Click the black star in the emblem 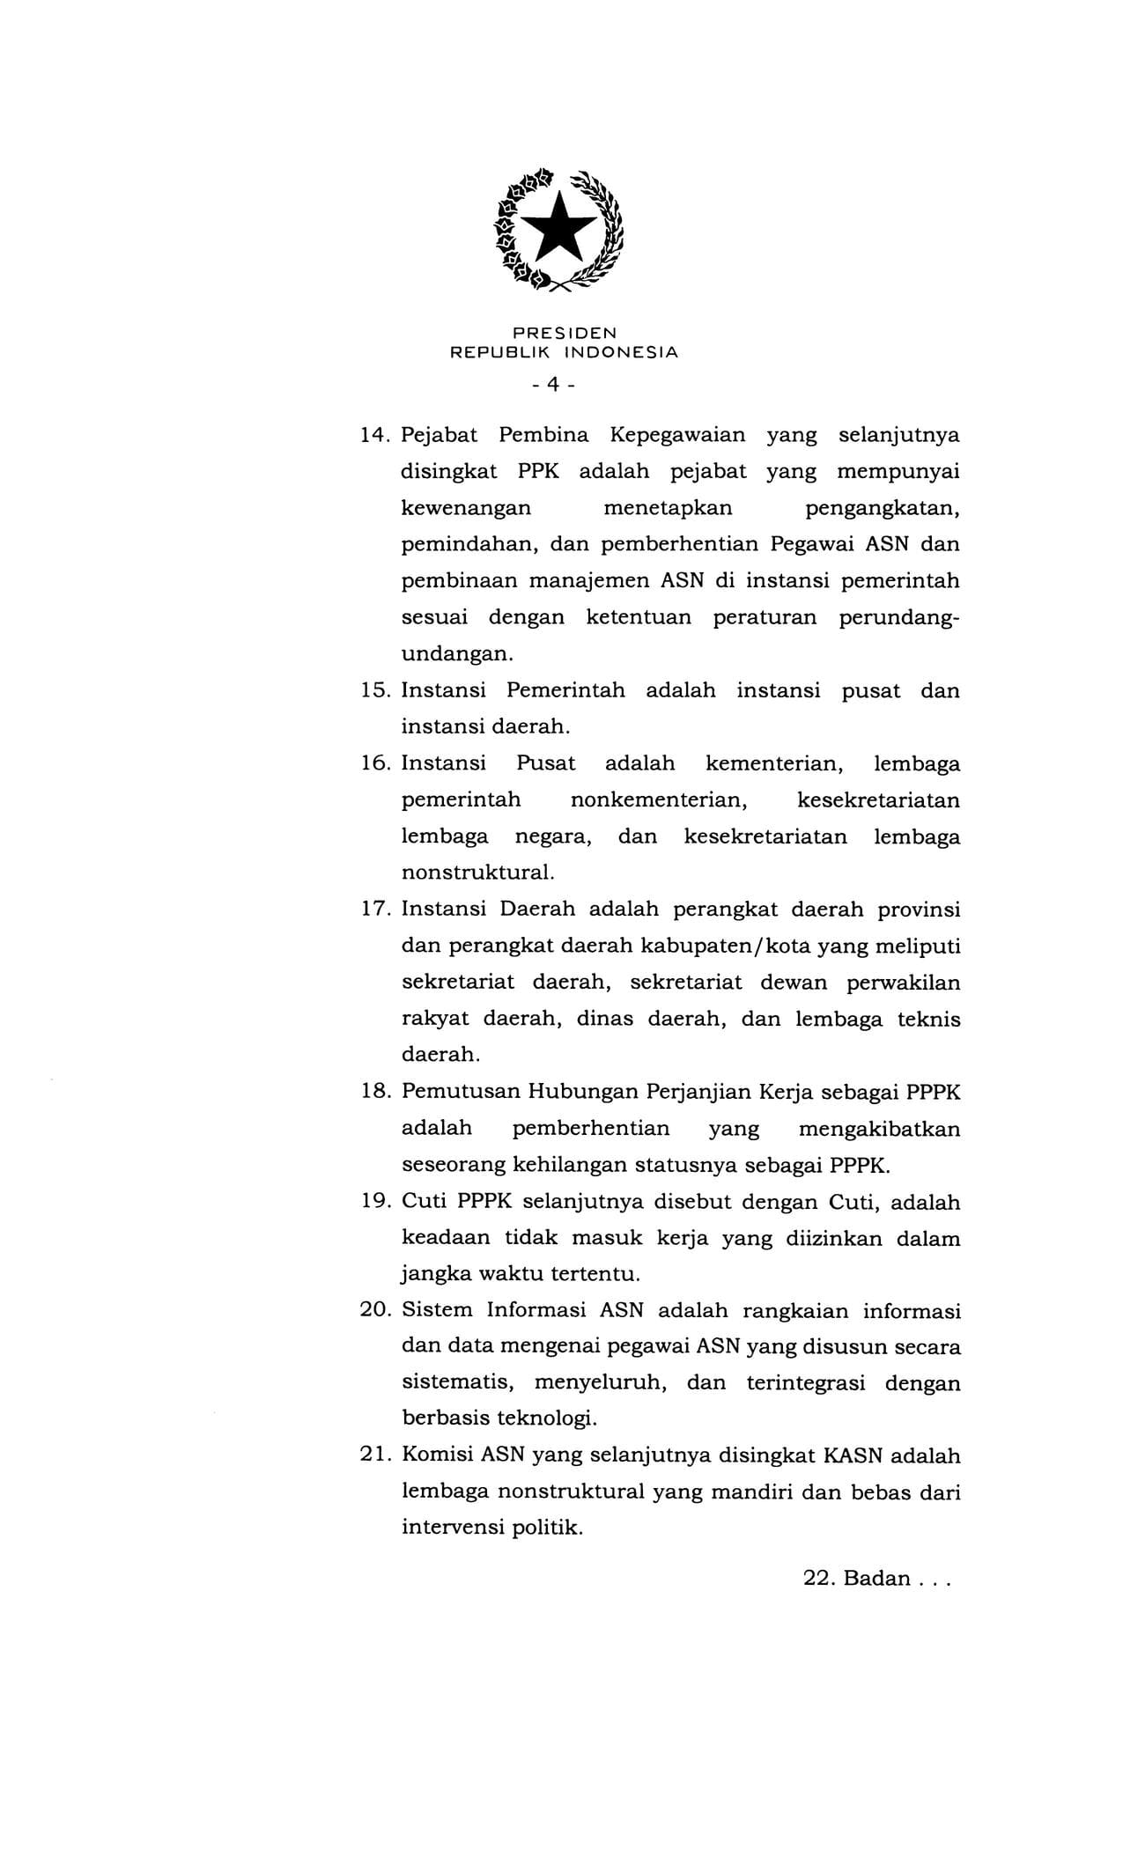[561, 226]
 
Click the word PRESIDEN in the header [565, 333]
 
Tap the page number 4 [553, 384]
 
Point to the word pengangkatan [882, 508]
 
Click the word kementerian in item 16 [775, 763]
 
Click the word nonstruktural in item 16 [477, 873]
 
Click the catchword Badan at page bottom [876, 1578]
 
